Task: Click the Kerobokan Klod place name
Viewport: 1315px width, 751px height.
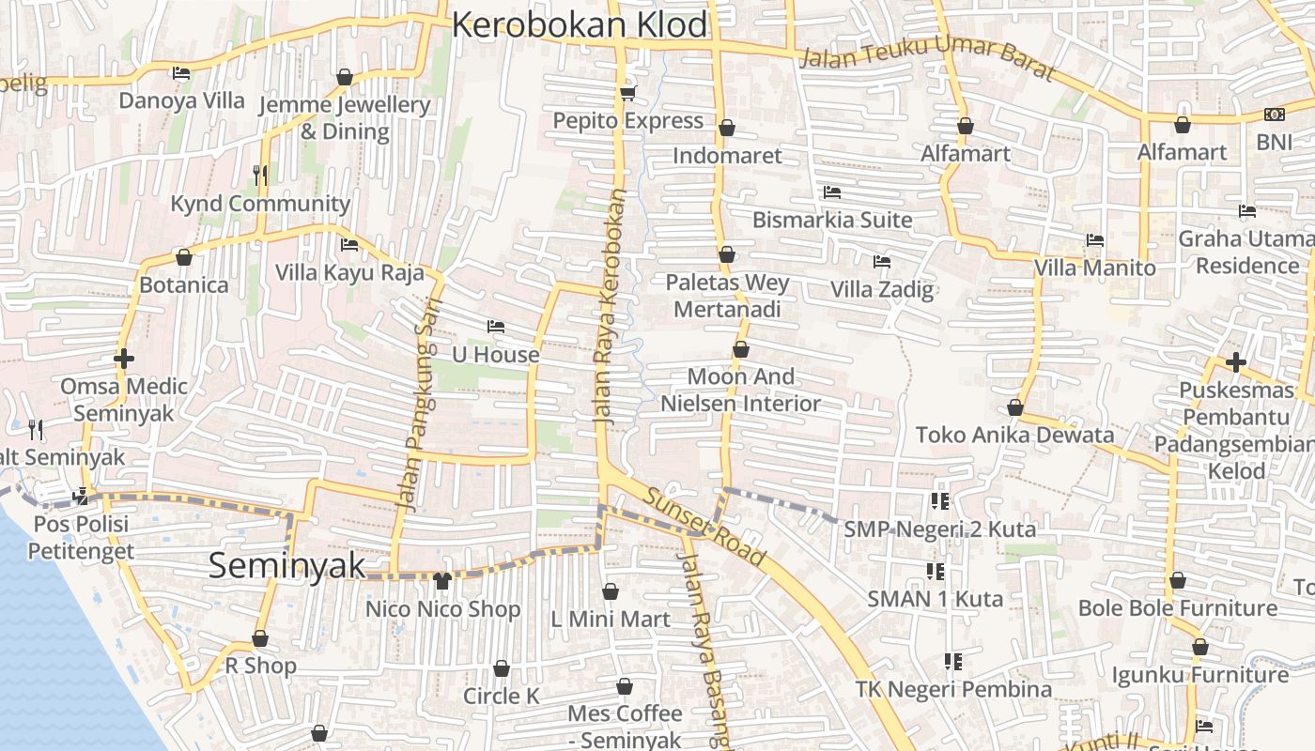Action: pyautogui.click(x=579, y=25)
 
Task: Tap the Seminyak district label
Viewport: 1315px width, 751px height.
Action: pyautogui.click(x=286, y=565)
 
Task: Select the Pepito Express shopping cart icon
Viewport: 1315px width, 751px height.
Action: pyautogui.click(x=627, y=93)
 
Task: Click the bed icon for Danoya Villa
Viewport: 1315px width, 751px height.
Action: pyautogui.click(x=181, y=73)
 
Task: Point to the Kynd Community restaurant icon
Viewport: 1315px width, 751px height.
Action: pyautogui.click(x=260, y=175)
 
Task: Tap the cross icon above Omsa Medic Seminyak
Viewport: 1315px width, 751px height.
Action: pyautogui.click(x=123, y=359)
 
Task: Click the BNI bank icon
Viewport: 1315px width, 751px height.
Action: pyautogui.click(x=1275, y=115)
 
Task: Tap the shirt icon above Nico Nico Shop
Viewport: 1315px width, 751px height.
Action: pyautogui.click(x=441, y=581)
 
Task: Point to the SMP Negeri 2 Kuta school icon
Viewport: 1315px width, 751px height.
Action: pyautogui.click(x=939, y=501)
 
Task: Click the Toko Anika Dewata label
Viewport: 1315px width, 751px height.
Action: pyautogui.click(x=1014, y=435)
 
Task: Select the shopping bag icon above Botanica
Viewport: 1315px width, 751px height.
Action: pyautogui.click(x=184, y=257)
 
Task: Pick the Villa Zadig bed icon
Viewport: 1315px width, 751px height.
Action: pyautogui.click(x=881, y=262)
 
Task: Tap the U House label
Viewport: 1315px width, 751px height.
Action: pyautogui.click(x=496, y=355)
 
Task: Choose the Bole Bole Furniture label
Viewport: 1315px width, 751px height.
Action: pyautogui.click(x=1177, y=607)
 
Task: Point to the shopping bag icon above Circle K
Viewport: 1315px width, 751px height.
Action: pyautogui.click(x=502, y=668)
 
